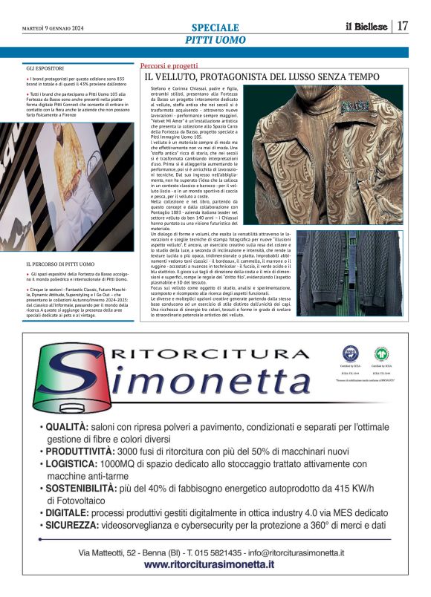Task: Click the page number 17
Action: click(x=403, y=26)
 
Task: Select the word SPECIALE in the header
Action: click(x=215, y=27)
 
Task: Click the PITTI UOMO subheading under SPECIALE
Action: click(x=215, y=39)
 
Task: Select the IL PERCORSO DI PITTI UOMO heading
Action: click(x=60, y=264)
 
